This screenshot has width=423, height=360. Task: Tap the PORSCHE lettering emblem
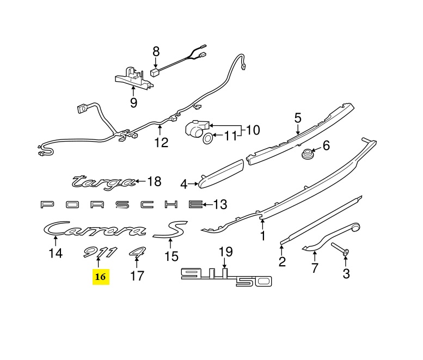[x=117, y=205]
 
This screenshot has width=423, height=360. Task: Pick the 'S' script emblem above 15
[x=170, y=230]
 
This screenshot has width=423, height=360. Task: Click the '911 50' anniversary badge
[x=225, y=277]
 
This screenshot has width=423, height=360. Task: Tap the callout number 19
[x=225, y=252]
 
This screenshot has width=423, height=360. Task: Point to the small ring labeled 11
[x=209, y=138]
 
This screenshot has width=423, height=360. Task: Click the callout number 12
[x=161, y=143]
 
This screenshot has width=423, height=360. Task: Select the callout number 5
[x=298, y=118]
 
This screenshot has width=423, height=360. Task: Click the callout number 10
[x=253, y=130]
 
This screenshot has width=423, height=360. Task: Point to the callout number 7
[x=314, y=267]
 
